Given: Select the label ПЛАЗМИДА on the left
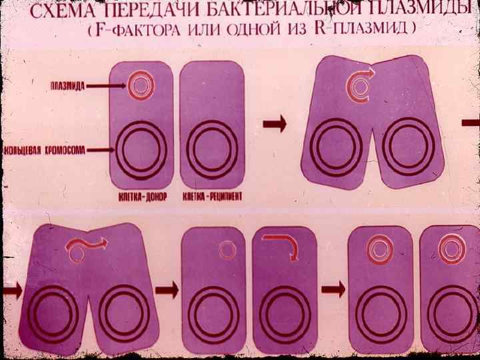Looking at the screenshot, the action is pos(67,85).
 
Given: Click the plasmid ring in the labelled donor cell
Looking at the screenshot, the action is pos(141,85).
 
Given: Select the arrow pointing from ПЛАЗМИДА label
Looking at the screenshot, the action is pos(107,85).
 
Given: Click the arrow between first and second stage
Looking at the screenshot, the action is pos(275,123).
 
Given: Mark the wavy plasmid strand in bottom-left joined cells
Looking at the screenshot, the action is pos(85,247).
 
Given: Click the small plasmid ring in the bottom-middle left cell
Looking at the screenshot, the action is pos(227,249).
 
